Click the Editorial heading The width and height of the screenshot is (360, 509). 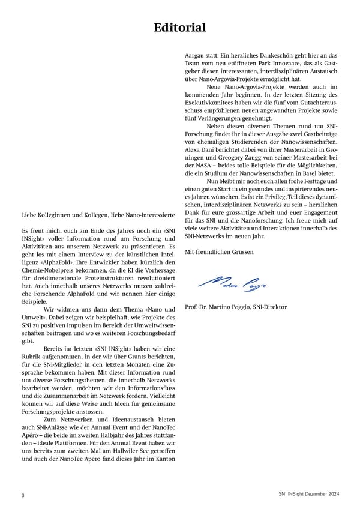[x=180, y=28]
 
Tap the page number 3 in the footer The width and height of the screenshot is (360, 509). [x=23, y=495]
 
